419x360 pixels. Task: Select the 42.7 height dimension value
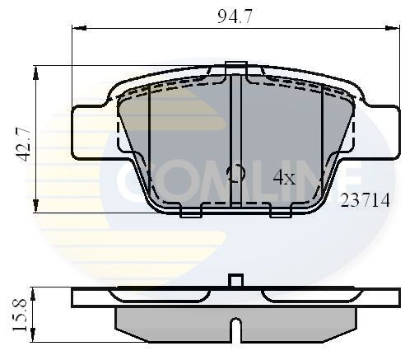click(24, 141)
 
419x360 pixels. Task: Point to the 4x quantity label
click(283, 176)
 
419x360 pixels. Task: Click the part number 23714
click(365, 200)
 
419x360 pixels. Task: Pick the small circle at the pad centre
click(235, 174)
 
